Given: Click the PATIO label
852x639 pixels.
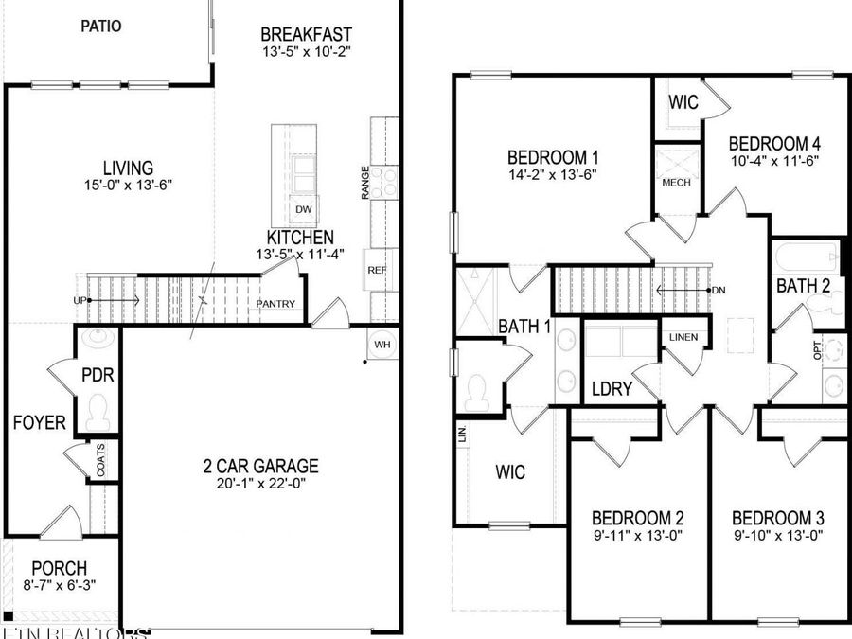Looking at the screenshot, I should [100, 26].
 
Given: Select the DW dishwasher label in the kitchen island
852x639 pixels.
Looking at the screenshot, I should [303, 209].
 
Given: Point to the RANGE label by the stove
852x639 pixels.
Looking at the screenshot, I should [364, 182].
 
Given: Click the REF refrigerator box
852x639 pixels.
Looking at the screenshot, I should [378, 270].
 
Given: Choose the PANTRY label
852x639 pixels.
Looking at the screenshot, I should [276, 304].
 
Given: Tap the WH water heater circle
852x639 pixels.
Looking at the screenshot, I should [382, 344].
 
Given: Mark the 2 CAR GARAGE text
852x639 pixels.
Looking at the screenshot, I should [260, 466].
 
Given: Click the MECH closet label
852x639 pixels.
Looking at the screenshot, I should [676, 182].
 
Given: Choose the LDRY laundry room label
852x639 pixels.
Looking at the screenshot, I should [607, 388].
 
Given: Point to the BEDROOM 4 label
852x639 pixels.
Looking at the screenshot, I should [773, 143].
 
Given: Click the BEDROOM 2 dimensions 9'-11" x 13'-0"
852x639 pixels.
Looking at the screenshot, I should [638, 536].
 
